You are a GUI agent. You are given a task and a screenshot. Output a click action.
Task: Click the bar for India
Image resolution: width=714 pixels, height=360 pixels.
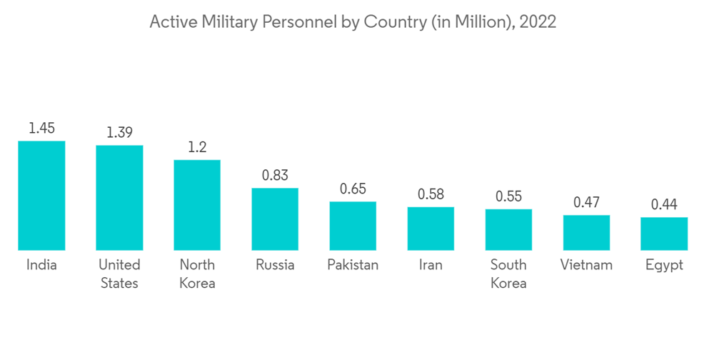click(41, 196)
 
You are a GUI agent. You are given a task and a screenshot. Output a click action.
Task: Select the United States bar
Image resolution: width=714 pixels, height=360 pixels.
click(119, 198)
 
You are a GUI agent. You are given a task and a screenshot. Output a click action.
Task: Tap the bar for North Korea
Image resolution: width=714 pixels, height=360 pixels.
click(197, 205)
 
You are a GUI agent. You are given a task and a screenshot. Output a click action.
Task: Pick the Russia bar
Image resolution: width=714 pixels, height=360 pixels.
click(275, 219)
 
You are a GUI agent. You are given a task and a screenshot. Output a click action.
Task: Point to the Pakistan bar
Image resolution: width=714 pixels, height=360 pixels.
click(353, 226)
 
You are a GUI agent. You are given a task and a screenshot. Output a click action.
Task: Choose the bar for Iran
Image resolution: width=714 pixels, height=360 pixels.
click(431, 229)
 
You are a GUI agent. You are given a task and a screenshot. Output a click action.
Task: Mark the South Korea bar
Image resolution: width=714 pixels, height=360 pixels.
click(508, 230)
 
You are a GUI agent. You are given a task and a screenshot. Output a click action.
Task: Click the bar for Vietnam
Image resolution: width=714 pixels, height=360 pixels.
click(586, 233)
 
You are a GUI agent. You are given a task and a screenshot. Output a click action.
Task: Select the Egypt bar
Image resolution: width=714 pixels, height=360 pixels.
click(664, 234)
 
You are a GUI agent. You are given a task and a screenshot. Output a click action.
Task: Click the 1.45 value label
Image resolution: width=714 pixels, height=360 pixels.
click(41, 129)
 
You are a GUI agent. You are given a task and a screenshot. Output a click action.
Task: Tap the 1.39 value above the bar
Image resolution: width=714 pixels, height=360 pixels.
click(119, 133)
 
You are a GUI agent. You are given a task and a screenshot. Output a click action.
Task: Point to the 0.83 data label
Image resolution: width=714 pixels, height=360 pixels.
click(275, 176)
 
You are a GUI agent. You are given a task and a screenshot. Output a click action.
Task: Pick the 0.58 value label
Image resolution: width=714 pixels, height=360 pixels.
click(431, 194)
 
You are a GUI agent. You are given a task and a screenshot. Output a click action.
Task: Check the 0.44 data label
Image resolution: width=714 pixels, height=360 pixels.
click(664, 205)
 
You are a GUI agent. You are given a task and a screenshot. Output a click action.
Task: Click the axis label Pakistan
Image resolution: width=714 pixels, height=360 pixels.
click(353, 265)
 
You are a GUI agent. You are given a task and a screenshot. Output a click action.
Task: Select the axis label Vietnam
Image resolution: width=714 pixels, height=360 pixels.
click(586, 265)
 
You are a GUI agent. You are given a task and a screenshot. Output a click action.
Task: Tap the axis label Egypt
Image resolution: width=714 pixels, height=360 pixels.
click(664, 266)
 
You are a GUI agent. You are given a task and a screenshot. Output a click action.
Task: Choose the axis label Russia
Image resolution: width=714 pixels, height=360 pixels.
click(275, 265)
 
